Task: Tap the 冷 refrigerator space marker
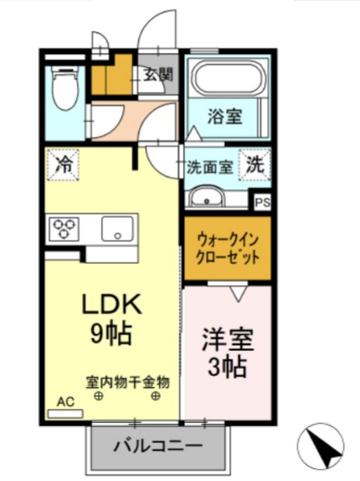pos(62,167)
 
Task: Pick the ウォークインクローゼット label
pos(227,249)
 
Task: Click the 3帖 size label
pos(226,366)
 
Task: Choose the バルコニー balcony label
pos(157,444)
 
